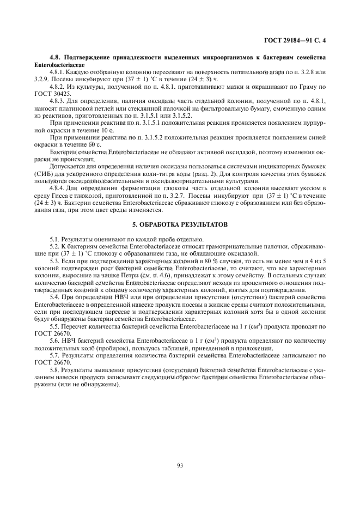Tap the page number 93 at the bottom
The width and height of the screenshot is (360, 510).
(180, 465)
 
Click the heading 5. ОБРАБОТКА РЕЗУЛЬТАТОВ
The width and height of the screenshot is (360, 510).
(180, 224)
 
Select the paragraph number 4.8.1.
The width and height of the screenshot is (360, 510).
(57, 72)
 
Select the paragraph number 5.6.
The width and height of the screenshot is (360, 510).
(54, 340)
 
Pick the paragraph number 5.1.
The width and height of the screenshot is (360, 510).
(54, 239)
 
